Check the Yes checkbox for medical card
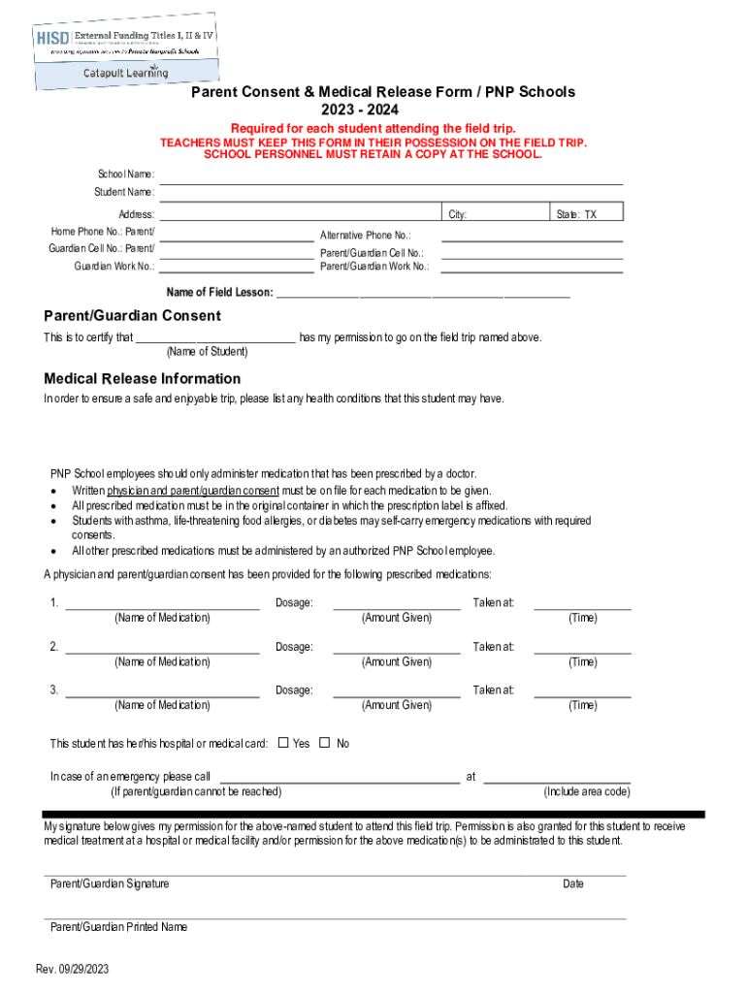[283, 744]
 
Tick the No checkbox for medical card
[325, 744]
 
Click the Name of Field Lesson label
[220, 293]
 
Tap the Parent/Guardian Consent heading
[133, 316]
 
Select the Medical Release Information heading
[143, 379]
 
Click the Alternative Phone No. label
[366, 236]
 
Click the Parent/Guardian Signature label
[110, 883]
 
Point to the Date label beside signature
[573, 883]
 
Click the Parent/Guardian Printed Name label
[118, 927]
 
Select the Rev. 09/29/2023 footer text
[73, 970]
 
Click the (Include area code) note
[587, 791]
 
